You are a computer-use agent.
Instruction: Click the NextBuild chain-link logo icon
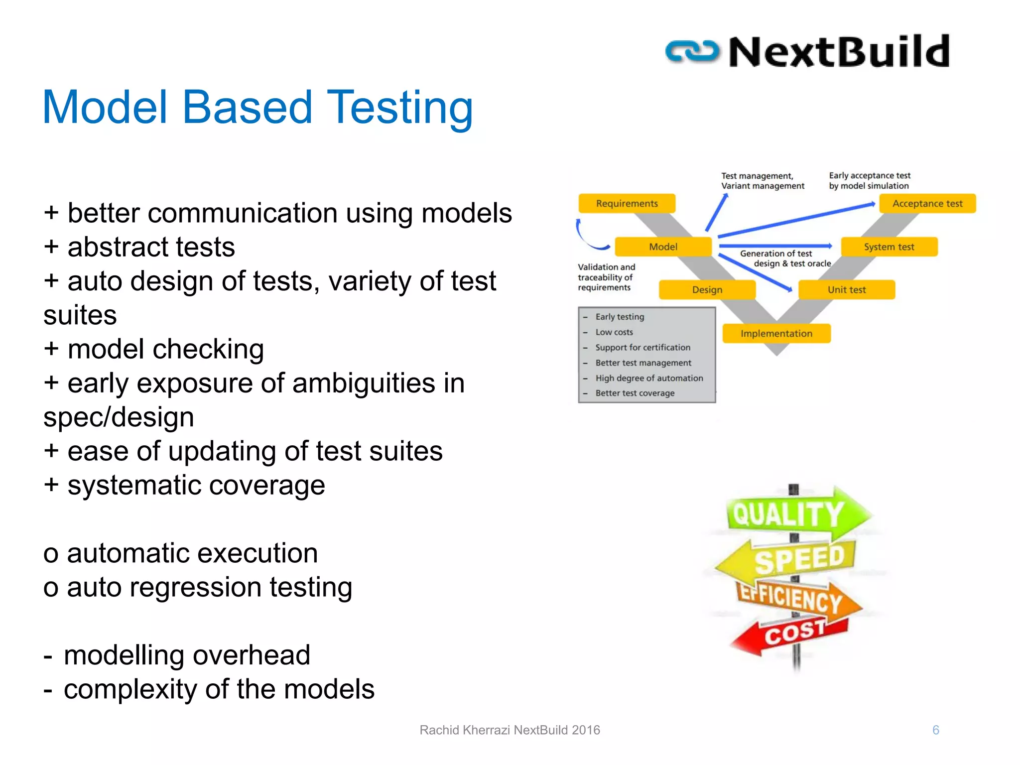pos(692,52)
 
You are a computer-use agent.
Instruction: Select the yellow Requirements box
pos(627,203)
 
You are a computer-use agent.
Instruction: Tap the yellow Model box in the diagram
pos(663,247)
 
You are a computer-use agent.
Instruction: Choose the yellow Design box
pos(707,289)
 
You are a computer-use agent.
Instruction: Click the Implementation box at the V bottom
pos(776,333)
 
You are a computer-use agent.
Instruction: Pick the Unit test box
pos(846,289)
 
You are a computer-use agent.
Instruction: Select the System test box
pos(889,247)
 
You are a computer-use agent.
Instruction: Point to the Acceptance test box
pos(927,203)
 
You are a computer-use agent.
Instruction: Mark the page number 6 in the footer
pos(935,730)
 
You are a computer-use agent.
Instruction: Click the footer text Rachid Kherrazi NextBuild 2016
pos(510,730)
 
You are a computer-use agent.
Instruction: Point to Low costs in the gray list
pos(614,332)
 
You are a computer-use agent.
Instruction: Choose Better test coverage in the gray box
pos(635,393)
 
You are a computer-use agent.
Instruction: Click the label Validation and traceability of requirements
pos(606,277)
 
